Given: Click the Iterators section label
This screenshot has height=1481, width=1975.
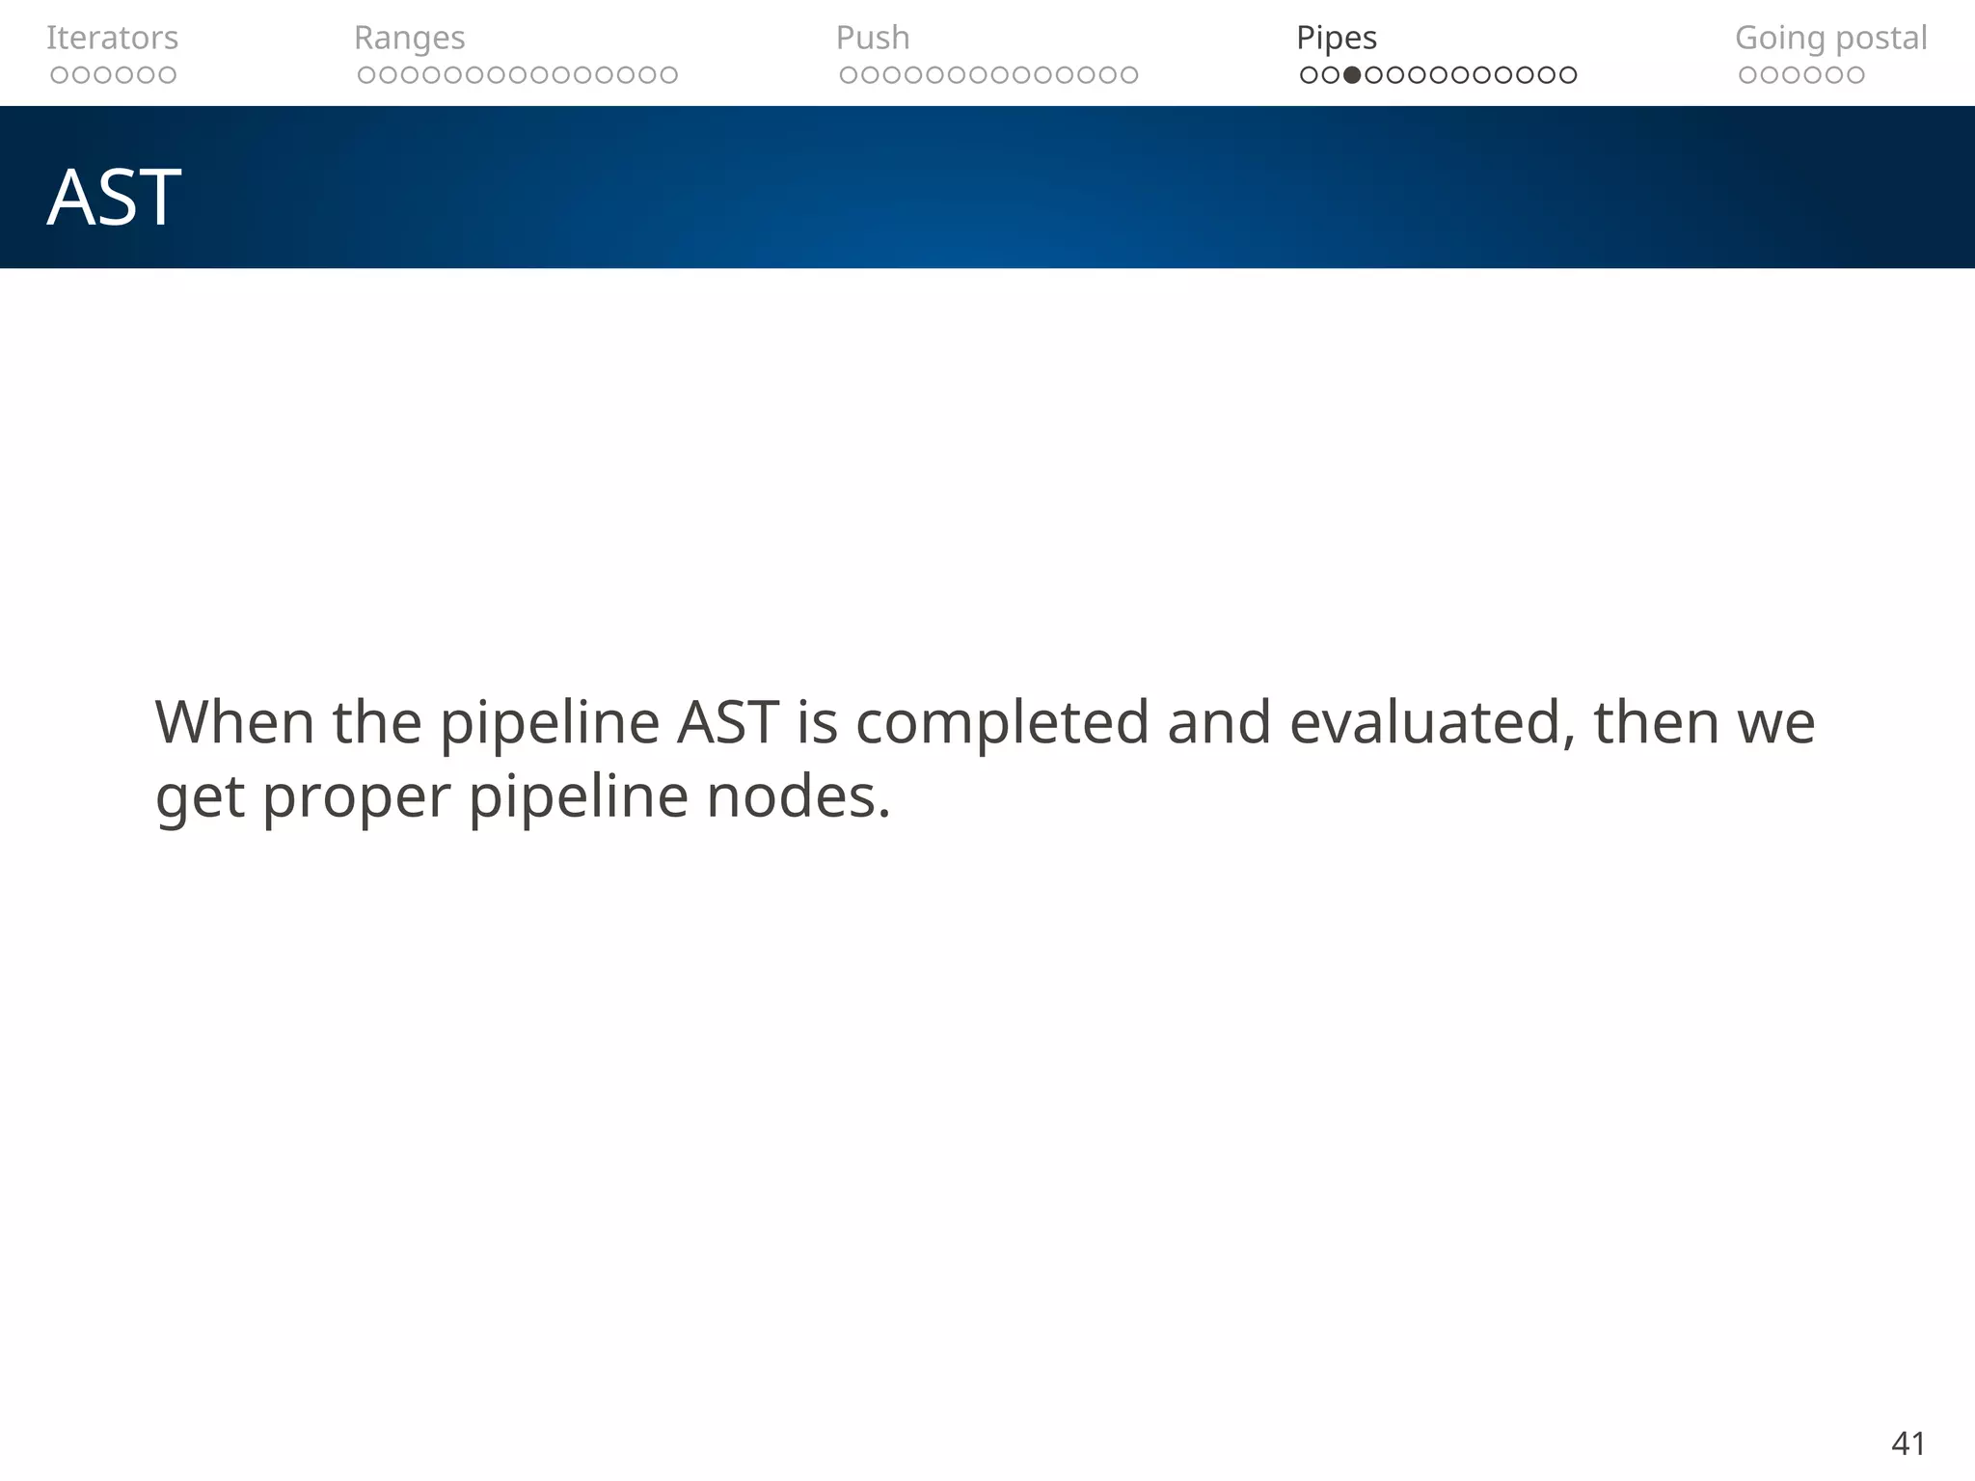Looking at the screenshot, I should (x=112, y=38).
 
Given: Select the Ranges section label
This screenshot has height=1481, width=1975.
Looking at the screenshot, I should (x=409, y=38).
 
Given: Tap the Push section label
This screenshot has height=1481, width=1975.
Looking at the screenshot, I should (x=873, y=38).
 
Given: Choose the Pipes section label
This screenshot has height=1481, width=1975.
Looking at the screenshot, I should (x=1337, y=38).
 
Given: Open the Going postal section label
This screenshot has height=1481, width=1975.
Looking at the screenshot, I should (x=1830, y=38).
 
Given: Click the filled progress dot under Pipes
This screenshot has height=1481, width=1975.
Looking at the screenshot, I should (x=1352, y=75).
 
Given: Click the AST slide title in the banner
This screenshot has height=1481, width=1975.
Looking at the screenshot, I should (x=114, y=198).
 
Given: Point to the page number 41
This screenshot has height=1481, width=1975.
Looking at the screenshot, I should (x=1908, y=1443).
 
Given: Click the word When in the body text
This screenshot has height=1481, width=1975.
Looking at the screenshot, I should (x=234, y=722).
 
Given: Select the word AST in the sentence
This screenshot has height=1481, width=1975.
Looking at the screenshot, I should (x=727, y=722).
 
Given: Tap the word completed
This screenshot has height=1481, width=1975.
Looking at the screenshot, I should (x=1002, y=722).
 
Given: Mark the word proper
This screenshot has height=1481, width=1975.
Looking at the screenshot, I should (x=356, y=798).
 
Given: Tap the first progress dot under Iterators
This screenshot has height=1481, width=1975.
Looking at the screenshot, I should (x=59, y=75).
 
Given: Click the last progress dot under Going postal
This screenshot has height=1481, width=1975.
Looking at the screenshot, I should (x=1855, y=75).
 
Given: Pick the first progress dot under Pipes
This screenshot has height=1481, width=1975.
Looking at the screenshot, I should (x=1309, y=75).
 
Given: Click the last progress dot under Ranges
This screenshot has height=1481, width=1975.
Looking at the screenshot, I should (x=669, y=75).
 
